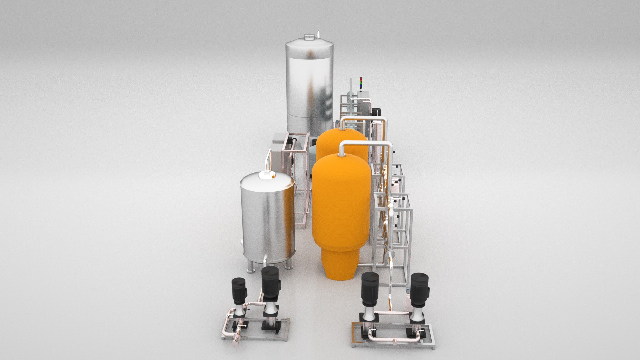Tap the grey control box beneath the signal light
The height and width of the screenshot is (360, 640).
tap(363, 95)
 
